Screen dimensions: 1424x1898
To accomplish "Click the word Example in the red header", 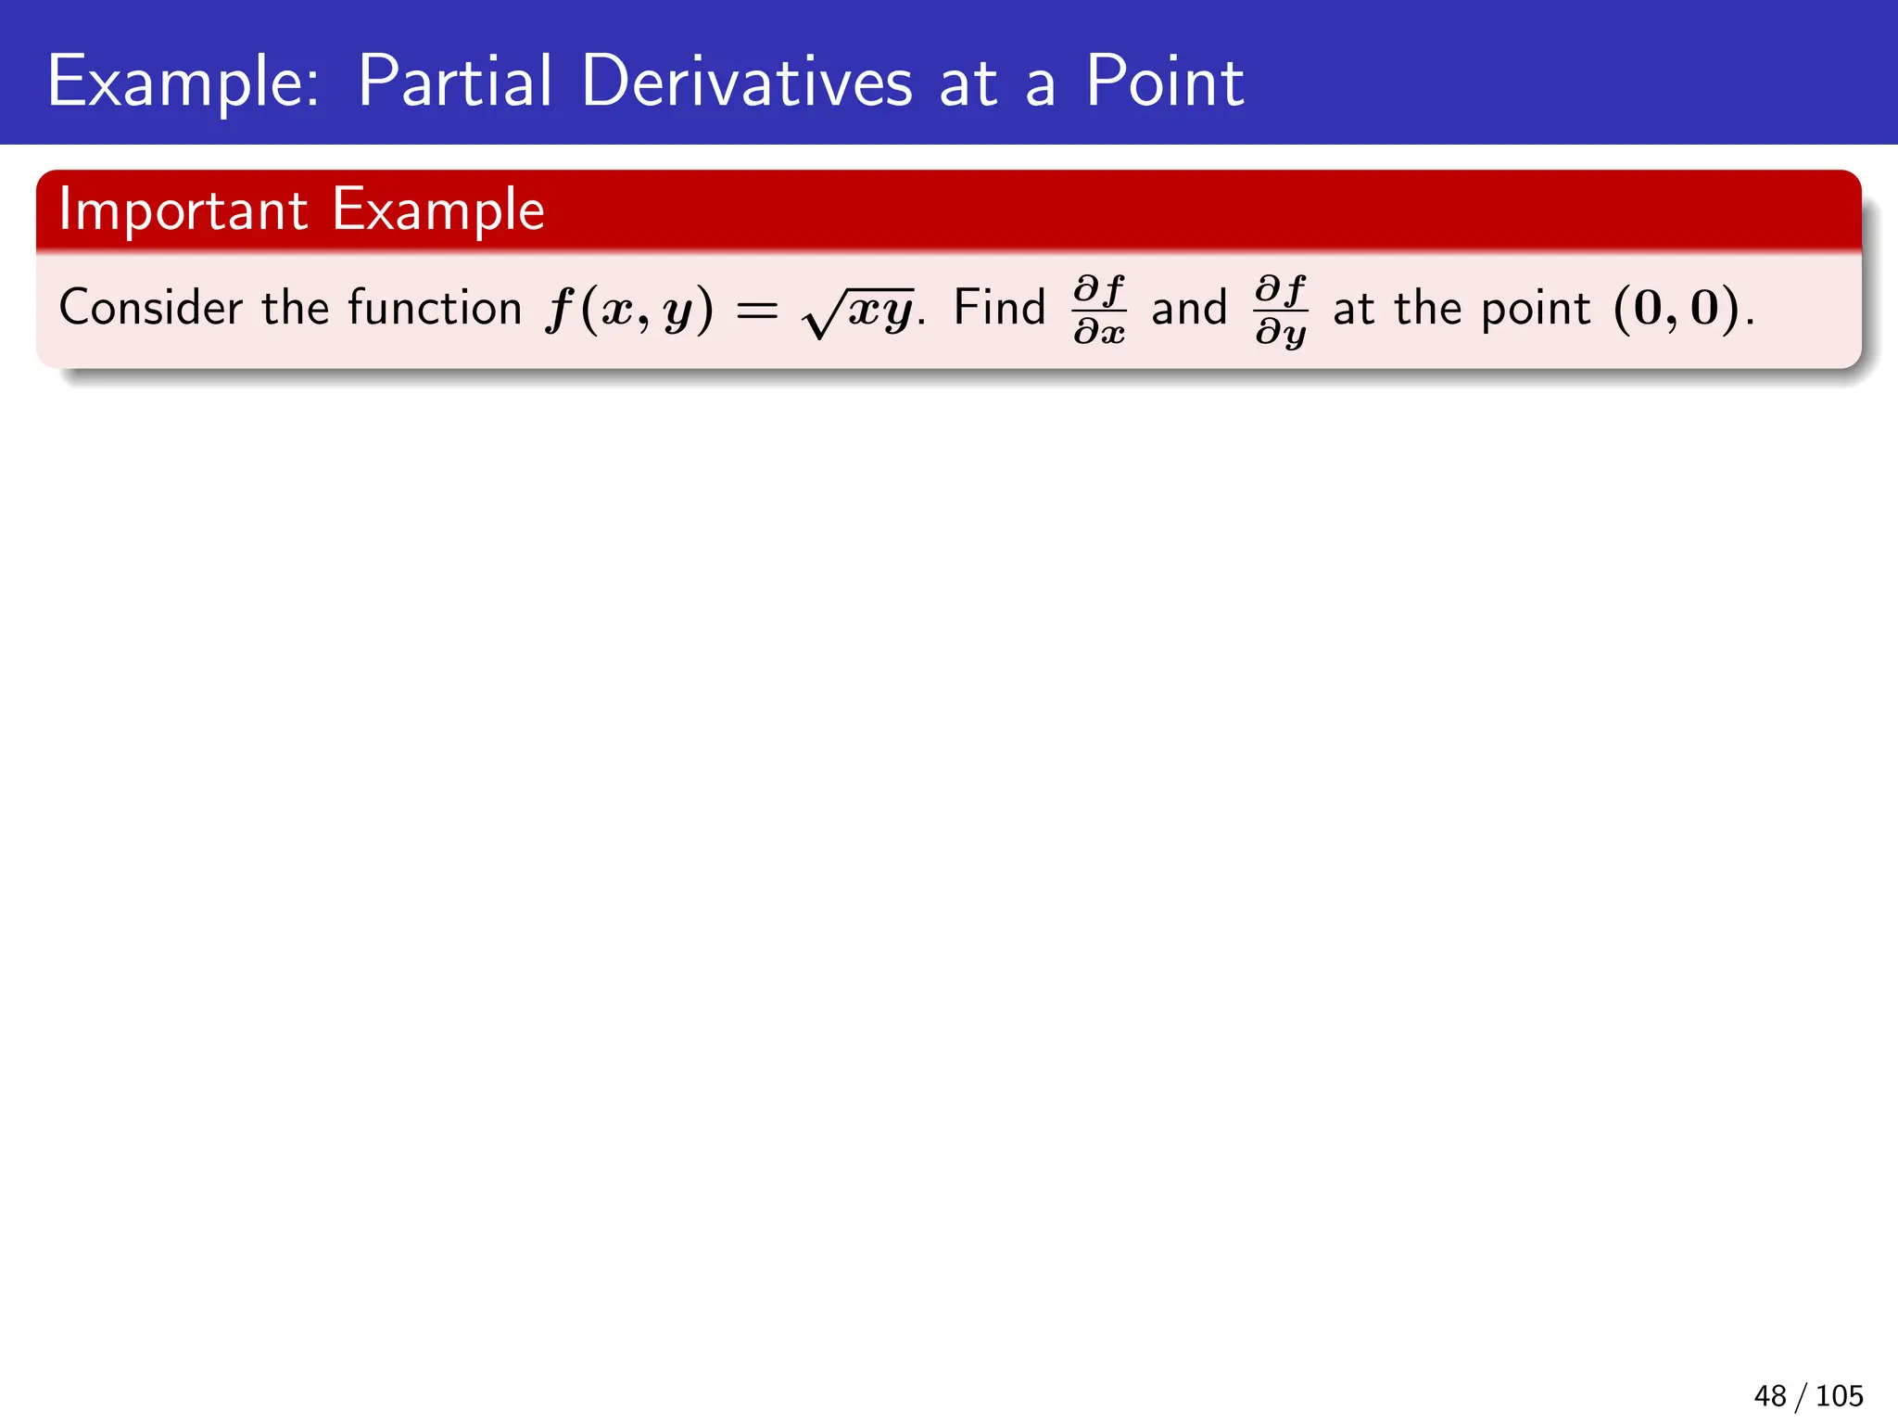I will (x=438, y=211).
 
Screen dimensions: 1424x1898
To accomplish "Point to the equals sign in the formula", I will (x=756, y=311).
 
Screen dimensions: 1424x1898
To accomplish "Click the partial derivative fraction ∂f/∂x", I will (x=1099, y=310).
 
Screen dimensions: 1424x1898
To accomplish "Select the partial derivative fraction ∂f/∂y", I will (x=1281, y=310).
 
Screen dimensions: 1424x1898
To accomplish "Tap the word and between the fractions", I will (x=1189, y=308).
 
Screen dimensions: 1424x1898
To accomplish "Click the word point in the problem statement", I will (x=1536, y=309).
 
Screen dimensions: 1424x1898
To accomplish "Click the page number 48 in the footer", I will (x=1770, y=1395).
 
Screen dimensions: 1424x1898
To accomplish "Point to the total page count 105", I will (x=1839, y=1395).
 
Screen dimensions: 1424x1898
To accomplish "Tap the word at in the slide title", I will (x=968, y=83).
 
